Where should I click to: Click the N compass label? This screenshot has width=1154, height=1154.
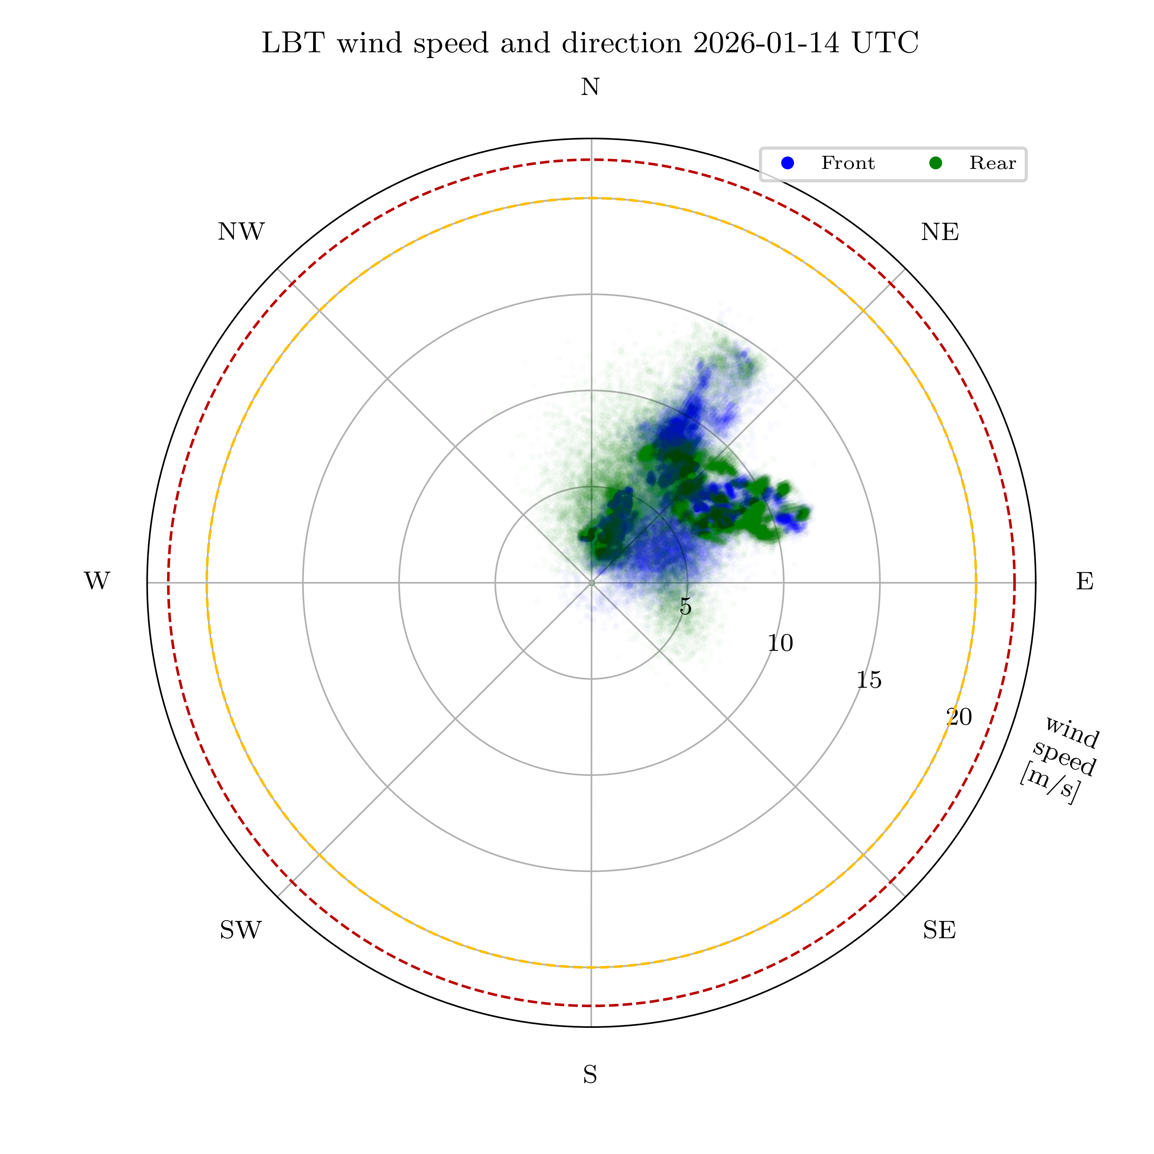pyautogui.click(x=590, y=87)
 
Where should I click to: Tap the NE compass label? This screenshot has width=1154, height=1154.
pyautogui.click(x=940, y=232)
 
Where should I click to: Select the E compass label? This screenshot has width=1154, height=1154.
pyautogui.click(x=1085, y=581)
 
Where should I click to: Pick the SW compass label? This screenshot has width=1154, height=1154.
pyautogui.click(x=241, y=931)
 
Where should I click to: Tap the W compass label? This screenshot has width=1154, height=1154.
pyautogui.click(x=97, y=581)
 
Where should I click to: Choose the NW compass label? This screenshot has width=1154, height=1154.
pyautogui.click(x=241, y=232)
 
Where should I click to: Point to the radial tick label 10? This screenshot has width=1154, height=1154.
pyautogui.click(x=780, y=644)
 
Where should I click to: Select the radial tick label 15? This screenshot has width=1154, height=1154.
pyautogui.click(x=869, y=680)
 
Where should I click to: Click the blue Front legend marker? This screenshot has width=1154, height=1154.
pyautogui.click(x=788, y=163)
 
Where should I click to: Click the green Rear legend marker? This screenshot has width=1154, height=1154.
pyautogui.click(x=936, y=163)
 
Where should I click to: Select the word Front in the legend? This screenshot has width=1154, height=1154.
pyautogui.click(x=847, y=163)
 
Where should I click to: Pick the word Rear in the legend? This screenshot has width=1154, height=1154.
pyautogui.click(x=992, y=163)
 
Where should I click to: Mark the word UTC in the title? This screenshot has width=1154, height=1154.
pyautogui.click(x=885, y=43)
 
